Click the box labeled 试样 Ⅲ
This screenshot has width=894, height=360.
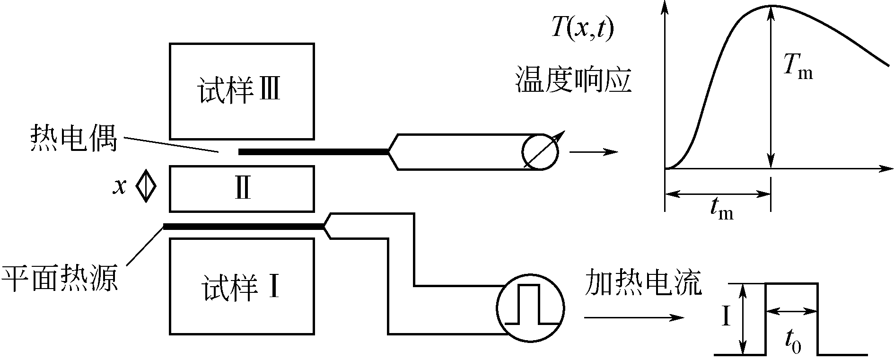pos(242,91)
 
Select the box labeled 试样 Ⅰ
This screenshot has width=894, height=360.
pos(242,287)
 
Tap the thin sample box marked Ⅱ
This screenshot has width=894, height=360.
pos(242,189)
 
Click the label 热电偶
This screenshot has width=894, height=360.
pos(73,138)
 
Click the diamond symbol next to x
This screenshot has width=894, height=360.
pos(146,186)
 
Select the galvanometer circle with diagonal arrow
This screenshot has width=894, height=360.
pos(540,152)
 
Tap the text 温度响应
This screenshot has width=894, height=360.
pos(573,79)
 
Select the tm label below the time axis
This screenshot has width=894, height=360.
pos(721,209)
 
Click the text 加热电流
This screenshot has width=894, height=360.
pos(643,282)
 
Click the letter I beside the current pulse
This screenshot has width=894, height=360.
pos(727,317)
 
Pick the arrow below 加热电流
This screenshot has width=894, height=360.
pos(634,317)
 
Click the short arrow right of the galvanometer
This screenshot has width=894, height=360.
pos(594,152)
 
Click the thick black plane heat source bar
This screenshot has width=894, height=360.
pos(244,227)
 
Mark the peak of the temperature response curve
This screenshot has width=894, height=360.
pos(771,6)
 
